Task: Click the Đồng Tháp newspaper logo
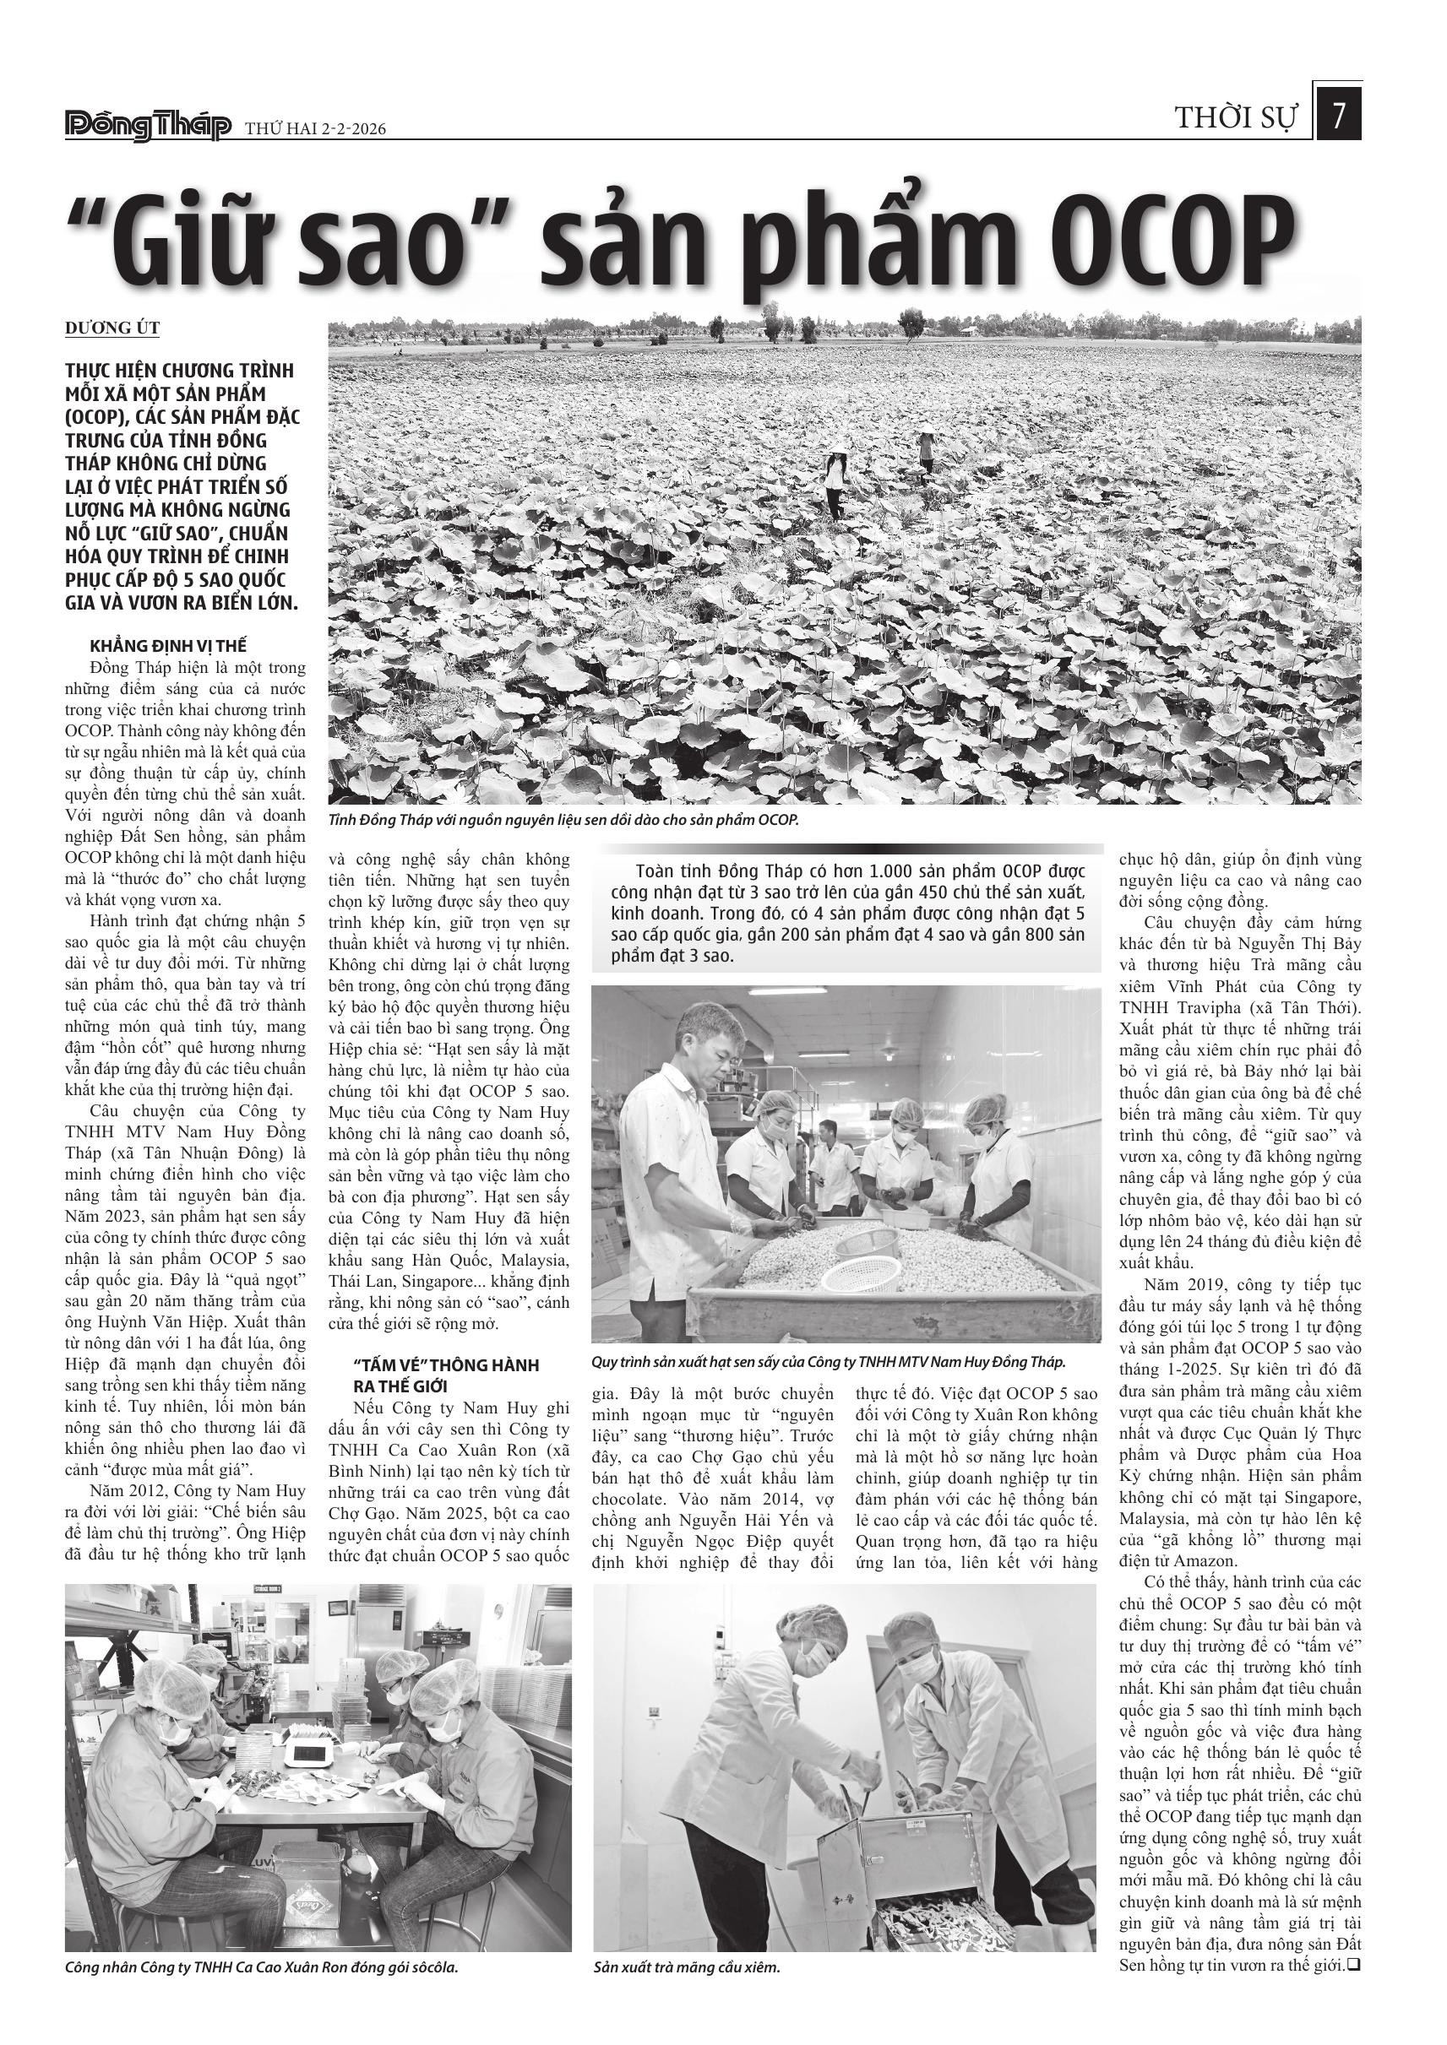pos(148,127)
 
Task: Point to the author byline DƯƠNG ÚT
pos(112,328)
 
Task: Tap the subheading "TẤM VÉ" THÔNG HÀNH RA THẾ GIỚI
pos(445,1375)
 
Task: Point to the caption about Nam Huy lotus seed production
pos(828,1363)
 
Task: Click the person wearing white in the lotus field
pos(835,481)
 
